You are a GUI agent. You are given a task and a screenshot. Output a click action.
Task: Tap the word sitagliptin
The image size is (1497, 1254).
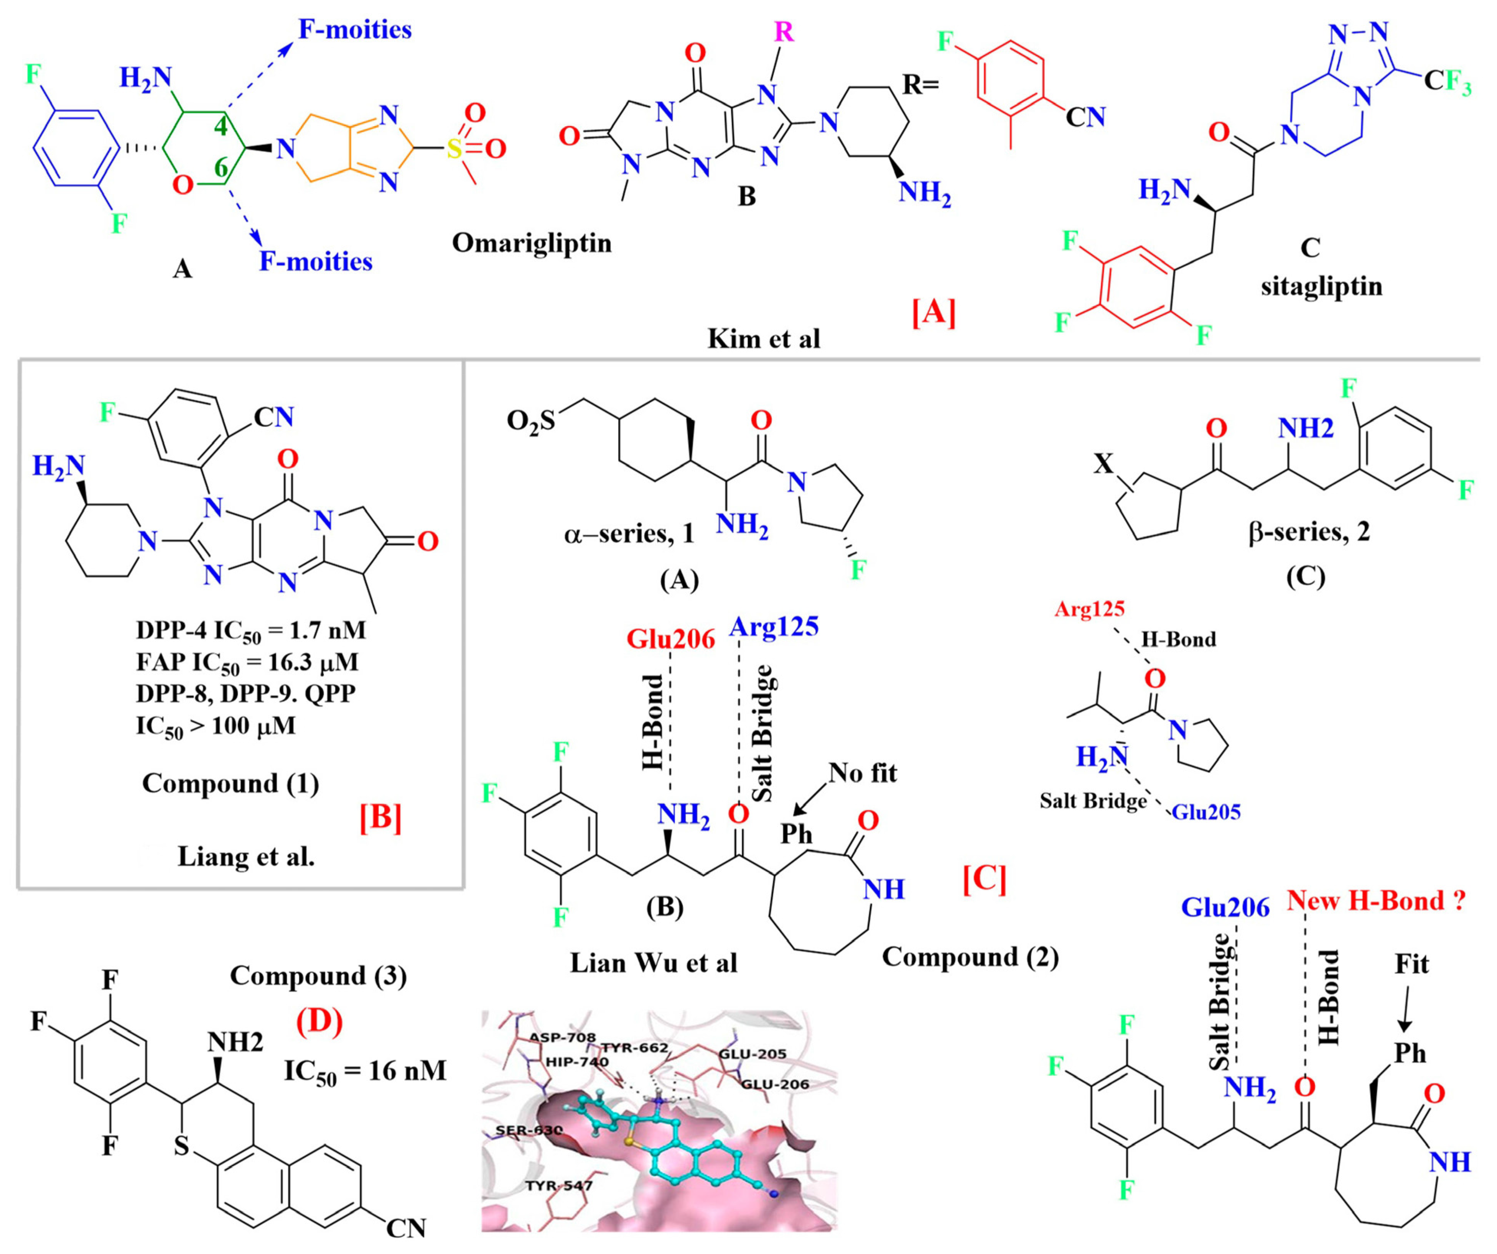(x=1321, y=286)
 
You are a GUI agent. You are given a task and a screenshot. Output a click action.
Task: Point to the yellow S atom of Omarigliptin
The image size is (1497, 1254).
(x=454, y=149)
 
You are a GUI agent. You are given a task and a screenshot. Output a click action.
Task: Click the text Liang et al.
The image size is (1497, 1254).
(x=246, y=857)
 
